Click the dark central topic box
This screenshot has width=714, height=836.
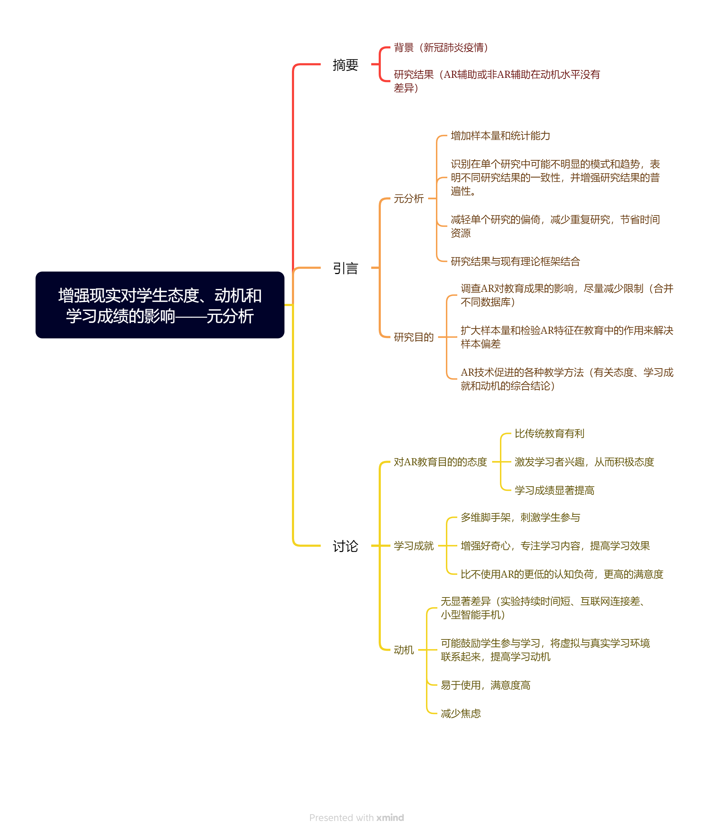(160, 305)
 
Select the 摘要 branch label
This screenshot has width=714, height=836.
(346, 65)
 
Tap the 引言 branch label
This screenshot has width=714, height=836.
(346, 268)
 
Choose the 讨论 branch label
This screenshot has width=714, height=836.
(346, 546)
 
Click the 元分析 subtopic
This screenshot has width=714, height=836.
(409, 198)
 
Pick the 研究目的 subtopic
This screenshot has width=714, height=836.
(414, 337)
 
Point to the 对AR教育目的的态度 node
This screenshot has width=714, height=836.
(440, 462)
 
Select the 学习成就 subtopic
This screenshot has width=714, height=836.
(414, 546)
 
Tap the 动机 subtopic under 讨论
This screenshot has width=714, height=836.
(404, 650)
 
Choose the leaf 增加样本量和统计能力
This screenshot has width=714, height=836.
(501, 136)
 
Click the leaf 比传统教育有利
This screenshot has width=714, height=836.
(549, 434)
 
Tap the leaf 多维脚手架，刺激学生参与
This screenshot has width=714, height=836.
(520, 518)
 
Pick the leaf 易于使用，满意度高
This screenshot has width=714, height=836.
(486, 685)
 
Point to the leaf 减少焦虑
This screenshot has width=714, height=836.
(461, 714)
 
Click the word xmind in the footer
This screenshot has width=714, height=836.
(390, 818)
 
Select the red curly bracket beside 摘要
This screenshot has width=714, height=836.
(380, 64)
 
